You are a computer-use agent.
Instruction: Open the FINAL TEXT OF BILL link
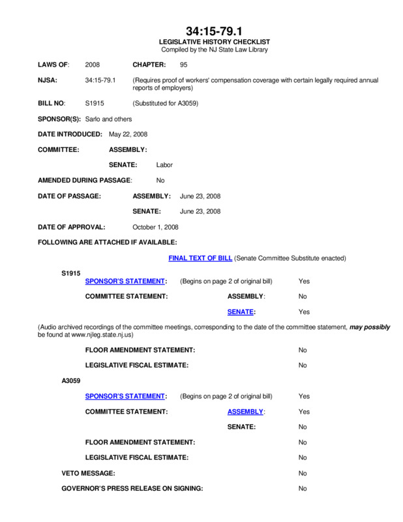tap(200, 258)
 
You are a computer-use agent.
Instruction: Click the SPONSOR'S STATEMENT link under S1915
tap(125, 281)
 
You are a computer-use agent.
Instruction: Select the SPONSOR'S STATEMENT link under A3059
tap(125, 396)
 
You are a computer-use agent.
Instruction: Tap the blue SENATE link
tap(241, 312)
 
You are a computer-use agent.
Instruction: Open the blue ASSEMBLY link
tap(245, 412)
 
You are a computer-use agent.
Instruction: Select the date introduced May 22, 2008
tap(128, 134)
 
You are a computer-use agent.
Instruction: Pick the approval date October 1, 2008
tap(155, 227)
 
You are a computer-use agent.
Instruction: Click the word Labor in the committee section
tap(164, 165)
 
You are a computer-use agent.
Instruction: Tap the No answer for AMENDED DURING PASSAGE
tap(160, 180)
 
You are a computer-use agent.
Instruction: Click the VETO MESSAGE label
tap(88, 473)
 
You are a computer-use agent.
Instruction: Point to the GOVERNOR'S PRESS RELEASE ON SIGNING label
tap(132, 488)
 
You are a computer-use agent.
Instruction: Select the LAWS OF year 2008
tap(93, 65)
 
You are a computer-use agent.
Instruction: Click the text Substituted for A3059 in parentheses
tap(165, 103)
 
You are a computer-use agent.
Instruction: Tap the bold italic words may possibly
tap(369, 327)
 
